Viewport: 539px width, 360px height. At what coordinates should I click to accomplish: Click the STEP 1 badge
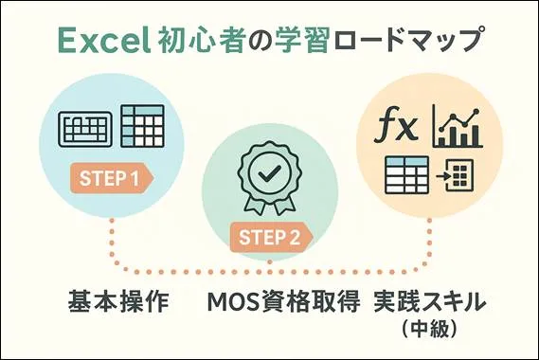(110, 177)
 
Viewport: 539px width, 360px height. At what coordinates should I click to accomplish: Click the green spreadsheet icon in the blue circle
(145, 124)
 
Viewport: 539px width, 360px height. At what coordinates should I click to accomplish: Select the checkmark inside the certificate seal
(270, 173)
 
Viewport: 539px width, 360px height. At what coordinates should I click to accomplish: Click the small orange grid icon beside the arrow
(459, 176)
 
